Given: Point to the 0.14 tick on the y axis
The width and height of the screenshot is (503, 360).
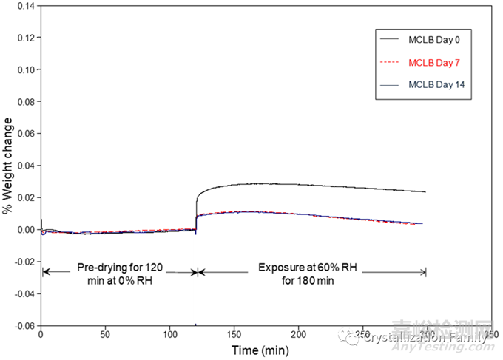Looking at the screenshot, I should [x=25, y=6].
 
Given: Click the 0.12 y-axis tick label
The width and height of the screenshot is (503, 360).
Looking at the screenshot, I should [x=25, y=38].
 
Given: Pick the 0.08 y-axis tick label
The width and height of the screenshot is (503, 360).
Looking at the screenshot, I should [x=25, y=101].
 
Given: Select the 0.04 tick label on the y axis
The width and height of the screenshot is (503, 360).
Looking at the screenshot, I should [x=25, y=166].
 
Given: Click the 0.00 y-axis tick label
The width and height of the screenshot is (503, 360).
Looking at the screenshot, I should [x=25, y=229].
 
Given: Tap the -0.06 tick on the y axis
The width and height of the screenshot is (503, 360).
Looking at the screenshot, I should [x=24, y=325].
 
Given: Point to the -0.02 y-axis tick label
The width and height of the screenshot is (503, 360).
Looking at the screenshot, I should [x=24, y=262].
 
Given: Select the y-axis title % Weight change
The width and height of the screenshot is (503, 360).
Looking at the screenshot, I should [x=7, y=166].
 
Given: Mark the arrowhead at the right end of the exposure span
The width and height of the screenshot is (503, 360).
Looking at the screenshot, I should [x=425, y=272].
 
